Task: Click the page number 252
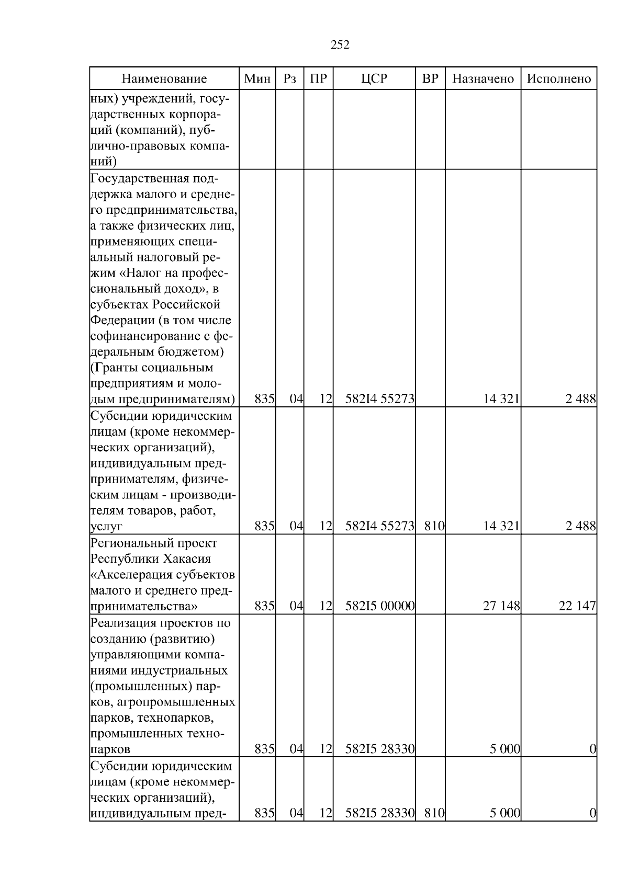pos(340,45)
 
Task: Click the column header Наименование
pos(164,79)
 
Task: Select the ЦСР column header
pos(374,79)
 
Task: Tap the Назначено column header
pos(483,79)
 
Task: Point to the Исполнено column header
pos(558,79)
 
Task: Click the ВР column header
pos(430,79)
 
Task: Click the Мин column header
pos(257,79)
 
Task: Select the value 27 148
pos(501,606)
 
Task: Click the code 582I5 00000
pos(380,606)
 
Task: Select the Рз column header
pos(289,79)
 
